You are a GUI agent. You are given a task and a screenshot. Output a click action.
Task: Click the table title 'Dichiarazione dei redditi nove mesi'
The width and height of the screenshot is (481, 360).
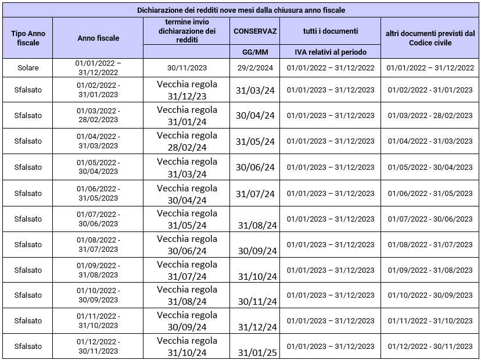point(240,10)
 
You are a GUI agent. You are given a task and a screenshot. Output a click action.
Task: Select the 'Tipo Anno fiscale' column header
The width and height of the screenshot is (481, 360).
point(28,38)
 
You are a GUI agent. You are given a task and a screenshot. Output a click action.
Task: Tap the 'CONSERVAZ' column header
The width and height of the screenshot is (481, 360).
point(255,31)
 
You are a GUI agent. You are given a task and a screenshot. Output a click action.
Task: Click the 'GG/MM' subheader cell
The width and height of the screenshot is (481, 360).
point(255,52)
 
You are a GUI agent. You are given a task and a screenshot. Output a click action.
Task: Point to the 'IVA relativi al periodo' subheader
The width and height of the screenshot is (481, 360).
point(331,52)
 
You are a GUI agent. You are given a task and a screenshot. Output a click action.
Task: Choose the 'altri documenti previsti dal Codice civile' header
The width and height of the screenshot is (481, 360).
point(430,38)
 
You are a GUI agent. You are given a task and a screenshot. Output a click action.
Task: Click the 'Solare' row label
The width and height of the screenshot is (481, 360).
point(28,67)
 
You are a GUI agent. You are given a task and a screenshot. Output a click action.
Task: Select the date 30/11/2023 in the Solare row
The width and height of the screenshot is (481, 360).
point(186,67)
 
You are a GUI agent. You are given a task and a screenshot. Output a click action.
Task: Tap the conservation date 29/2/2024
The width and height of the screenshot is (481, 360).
point(255,67)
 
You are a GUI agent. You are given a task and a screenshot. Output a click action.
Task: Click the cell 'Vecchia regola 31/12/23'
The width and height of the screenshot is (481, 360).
point(187,90)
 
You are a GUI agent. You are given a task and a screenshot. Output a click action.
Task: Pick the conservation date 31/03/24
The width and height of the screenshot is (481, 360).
point(255,90)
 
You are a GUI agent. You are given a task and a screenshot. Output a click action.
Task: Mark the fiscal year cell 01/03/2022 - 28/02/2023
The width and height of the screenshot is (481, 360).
point(98,115)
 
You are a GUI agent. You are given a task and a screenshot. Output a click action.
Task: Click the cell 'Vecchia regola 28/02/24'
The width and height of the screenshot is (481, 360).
point(187,141)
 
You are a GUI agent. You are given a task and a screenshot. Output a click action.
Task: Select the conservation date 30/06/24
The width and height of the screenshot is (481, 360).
point(255,167)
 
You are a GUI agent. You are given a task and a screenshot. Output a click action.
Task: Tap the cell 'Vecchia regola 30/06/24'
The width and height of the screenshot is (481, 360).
point(187,244)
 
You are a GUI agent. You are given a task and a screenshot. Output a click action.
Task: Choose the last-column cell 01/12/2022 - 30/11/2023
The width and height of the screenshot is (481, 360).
point(430,347)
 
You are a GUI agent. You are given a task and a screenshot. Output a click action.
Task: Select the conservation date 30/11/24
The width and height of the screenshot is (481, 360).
point(255,301)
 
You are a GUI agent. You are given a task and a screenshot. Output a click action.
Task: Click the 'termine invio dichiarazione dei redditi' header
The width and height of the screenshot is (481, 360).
point(186,31)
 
